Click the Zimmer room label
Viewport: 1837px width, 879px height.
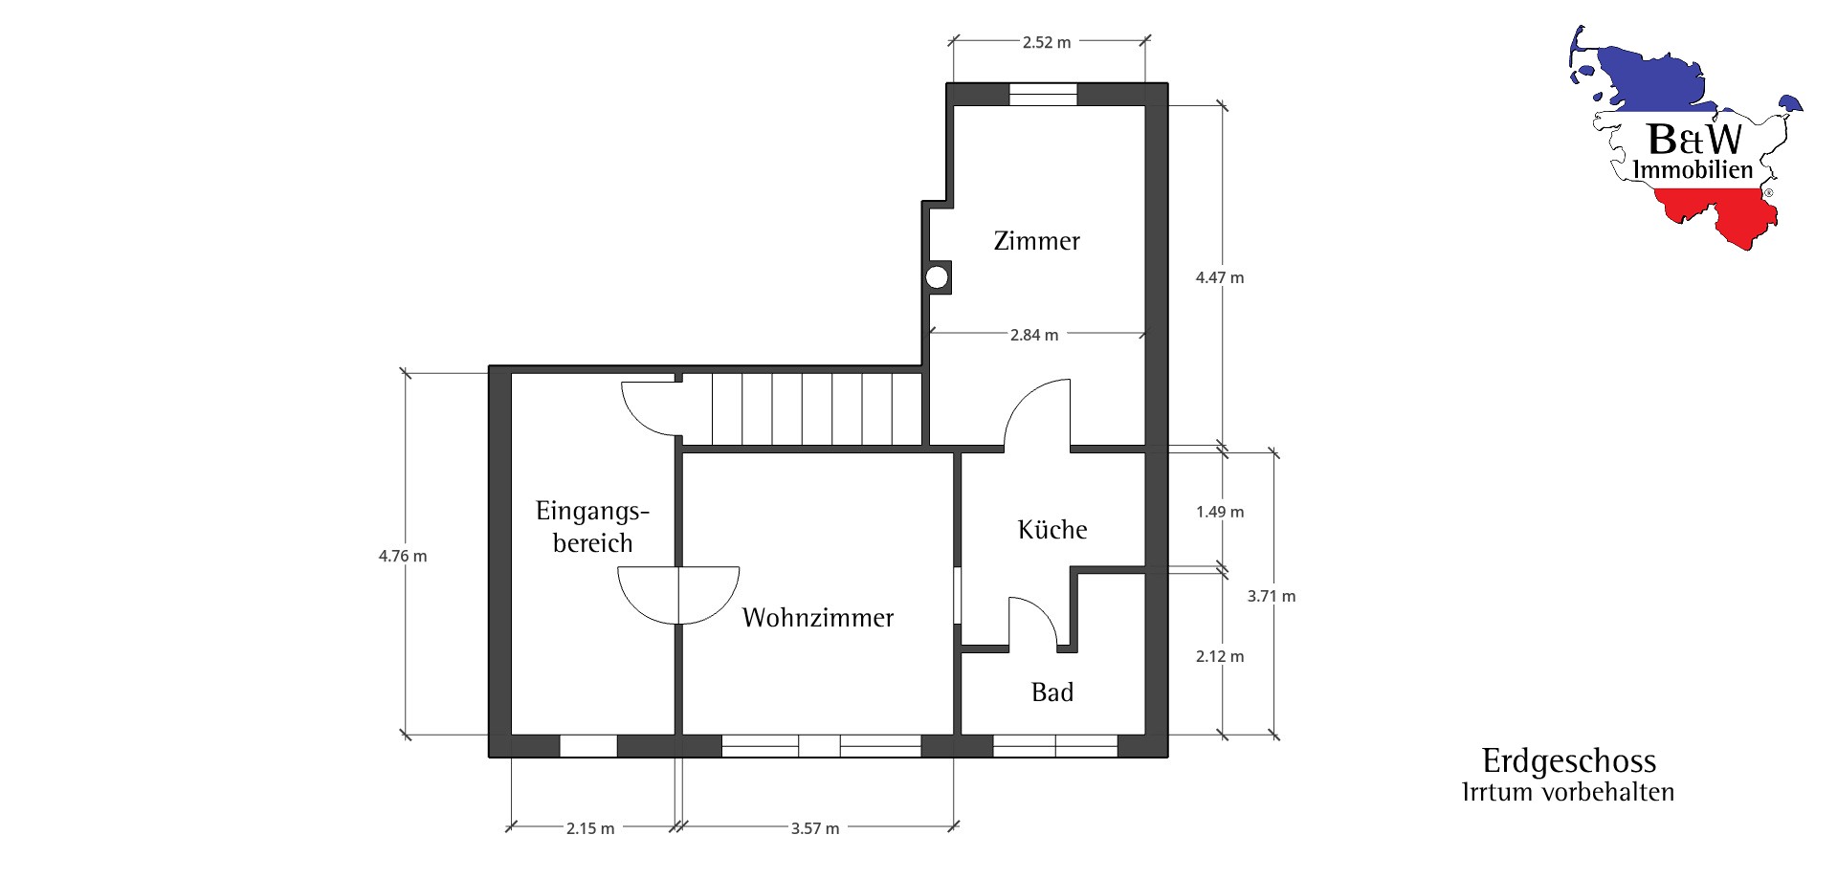1037,241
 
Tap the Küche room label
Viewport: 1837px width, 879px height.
1052,530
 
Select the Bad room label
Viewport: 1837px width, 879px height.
1052,692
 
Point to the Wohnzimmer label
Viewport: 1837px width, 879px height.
818,618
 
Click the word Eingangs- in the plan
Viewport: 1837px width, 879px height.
592,511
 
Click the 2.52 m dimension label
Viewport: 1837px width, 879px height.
1047,42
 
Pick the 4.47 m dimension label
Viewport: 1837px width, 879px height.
1220,277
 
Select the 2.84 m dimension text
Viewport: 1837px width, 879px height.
1034,335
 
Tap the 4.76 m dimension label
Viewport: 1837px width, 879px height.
403,556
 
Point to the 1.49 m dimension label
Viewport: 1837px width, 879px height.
1220,512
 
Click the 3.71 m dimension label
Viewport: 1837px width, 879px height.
1272,596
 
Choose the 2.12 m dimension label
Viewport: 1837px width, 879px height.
1220,656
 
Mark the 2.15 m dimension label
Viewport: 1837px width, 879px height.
590,828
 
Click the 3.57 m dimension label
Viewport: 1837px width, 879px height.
815,828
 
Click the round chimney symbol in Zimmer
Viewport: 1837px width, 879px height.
937,277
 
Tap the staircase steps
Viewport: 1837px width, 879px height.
817,408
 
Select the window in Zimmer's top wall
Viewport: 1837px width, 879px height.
1043,94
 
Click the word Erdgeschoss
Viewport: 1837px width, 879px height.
1569,761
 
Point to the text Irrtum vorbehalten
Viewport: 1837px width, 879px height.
1568,792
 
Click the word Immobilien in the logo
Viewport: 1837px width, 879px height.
1693,170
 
